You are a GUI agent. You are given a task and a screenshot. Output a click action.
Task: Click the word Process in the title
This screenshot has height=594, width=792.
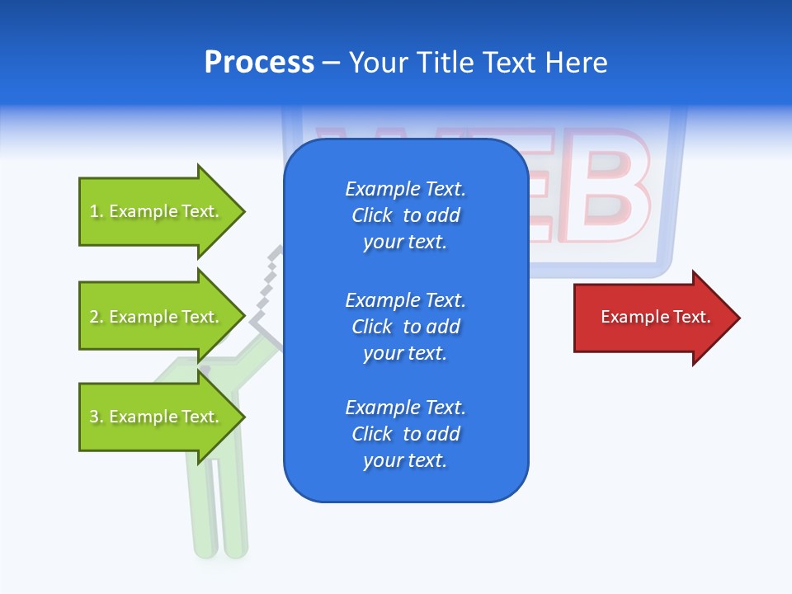click(x=259, y=63)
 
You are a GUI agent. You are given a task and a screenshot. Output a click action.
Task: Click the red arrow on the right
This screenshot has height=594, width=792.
click(x=652, y=318)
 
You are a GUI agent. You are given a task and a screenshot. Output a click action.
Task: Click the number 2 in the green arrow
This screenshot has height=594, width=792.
click(x=94, y=317)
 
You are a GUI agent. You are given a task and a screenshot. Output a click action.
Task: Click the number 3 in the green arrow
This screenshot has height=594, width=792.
click(x=94, y=417)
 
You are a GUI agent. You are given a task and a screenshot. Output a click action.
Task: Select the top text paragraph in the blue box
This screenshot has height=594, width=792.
click(x=405, y=215)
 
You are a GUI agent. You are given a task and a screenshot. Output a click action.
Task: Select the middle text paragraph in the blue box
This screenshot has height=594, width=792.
click(x=405, y=326)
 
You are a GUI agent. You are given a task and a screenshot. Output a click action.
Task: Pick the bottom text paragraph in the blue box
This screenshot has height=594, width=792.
click(x=405, y=433)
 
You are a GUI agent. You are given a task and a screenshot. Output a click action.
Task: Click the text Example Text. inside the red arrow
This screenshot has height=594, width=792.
click(x=655, y=317)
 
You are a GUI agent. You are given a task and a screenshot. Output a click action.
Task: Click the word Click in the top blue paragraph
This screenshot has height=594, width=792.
click(x=372, y=215)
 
